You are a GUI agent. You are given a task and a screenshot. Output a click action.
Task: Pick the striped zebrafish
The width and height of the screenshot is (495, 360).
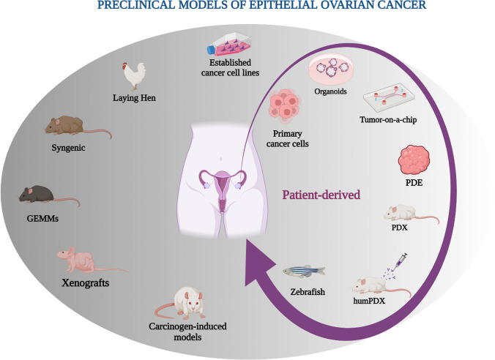(302, 271)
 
